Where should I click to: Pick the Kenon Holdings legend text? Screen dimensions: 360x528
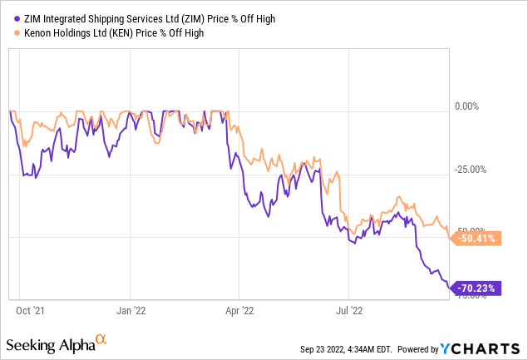pyautogui.click(x=109, y=33)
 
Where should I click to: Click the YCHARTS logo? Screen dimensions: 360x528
pyautogui.click(x=483, y=347)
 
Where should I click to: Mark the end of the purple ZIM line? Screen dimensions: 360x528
pyautogui.click(x=450, y=288)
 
